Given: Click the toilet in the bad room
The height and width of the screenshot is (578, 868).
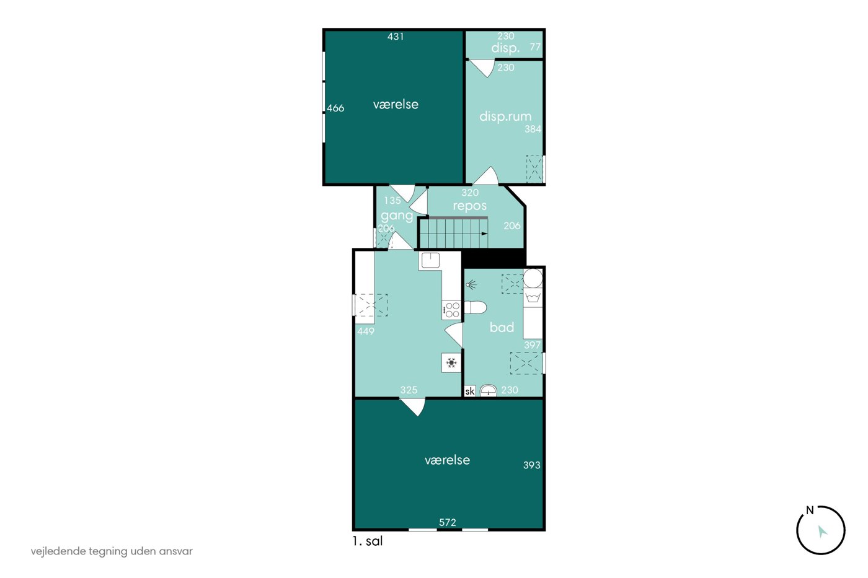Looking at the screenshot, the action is (x=475, y=307).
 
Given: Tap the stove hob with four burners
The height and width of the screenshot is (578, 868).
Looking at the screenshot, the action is (x=451, y=310).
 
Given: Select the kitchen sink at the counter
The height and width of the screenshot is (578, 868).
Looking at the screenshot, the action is (x=430, y=260).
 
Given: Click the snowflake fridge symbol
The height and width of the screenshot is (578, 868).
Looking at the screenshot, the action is (x=451, y=363).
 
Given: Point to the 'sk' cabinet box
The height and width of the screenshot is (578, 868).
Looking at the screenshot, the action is (x=470, y=391).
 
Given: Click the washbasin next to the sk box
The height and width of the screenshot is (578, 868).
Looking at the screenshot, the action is (x=489, y=391).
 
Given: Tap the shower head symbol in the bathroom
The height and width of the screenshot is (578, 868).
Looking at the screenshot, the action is (x=471, y=286).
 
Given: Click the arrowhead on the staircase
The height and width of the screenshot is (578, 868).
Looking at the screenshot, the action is (x=484, y=234).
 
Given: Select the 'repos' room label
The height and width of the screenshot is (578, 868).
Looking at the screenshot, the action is (x=470, y=206).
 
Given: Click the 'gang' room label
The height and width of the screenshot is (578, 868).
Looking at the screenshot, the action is (x=397, y=216).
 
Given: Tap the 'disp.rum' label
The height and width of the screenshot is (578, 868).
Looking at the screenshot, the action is (x=505, y=116).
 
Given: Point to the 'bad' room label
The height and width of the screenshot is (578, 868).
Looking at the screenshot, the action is (x=502, y=327).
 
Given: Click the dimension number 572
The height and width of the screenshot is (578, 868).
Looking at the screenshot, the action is (x=447, y=522).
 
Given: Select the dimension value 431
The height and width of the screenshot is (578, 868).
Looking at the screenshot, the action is (x=396, y=37).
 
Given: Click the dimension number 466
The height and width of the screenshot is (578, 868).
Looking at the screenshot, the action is (x=335, y=108).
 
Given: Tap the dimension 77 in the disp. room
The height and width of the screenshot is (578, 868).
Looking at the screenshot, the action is (x=535, y=47).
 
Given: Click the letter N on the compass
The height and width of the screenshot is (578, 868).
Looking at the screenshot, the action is (x=810, y=510).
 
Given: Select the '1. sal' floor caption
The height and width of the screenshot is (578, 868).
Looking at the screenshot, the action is (x=367, y=541).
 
